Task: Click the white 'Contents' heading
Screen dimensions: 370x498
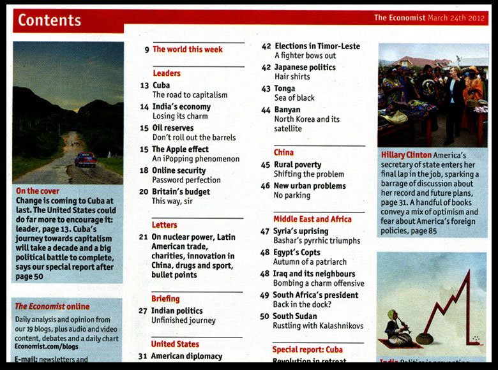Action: (x=49, y=20)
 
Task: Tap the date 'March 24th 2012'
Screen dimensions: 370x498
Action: (x=457, y=18)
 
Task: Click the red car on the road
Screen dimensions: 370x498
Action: (x=86, y=159)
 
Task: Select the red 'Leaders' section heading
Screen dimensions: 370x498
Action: (x=166, y=73)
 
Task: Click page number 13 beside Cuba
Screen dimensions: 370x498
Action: (x=144, y=85)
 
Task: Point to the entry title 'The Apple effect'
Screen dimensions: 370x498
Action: (x=180, y=149)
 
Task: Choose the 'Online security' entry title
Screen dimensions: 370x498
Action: (x=178, y=170)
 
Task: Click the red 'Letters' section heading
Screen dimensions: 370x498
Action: (x=164, y=225)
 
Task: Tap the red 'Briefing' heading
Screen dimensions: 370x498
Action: (x=165, y=299)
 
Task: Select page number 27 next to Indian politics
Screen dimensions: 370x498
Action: (x=143, y=311)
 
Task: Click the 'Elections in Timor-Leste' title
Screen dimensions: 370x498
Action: (x=317, y=46)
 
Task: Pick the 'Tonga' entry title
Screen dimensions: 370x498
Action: (x=285, y=89)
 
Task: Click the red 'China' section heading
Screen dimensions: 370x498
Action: (x=283, y=152)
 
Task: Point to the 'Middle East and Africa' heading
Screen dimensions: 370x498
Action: (x=312, y=219)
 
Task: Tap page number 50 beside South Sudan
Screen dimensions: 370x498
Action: (x=264, y=316)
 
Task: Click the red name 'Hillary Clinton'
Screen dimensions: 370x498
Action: (x=405, y=155)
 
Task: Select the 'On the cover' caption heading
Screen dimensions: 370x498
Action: (x=38, y=191)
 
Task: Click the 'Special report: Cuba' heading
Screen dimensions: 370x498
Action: (x=308, y=350)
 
